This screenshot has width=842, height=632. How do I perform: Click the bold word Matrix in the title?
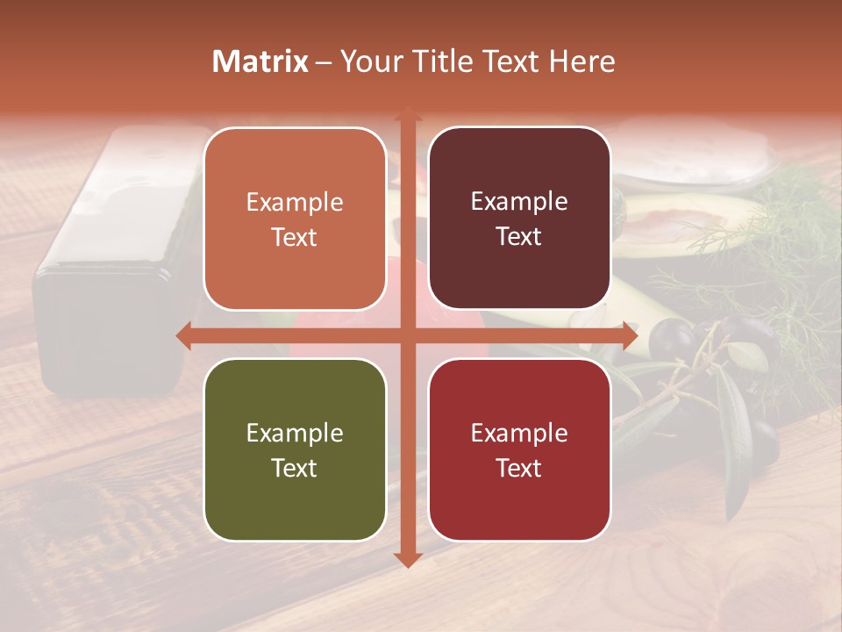(x=260, y=61)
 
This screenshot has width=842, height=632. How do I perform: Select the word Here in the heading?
(x=582, y=61)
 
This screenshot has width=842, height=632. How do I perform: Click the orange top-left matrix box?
(x=295, y=219)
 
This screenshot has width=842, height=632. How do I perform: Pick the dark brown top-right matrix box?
(x=519, y=219)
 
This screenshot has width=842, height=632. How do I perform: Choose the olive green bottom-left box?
(x=295, y=449)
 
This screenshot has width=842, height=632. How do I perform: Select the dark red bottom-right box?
(x=519, y=449)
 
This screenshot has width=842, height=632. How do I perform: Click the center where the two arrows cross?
(x=407, y=335)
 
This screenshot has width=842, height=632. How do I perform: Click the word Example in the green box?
(x=295, y=433)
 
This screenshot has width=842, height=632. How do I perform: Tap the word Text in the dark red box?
(x=519, y=468)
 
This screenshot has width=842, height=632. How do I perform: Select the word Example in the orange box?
(x=295, y=202)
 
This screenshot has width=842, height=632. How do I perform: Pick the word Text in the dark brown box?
(x=519, y=237)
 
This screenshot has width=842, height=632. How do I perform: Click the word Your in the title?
(x=368, y=61)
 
